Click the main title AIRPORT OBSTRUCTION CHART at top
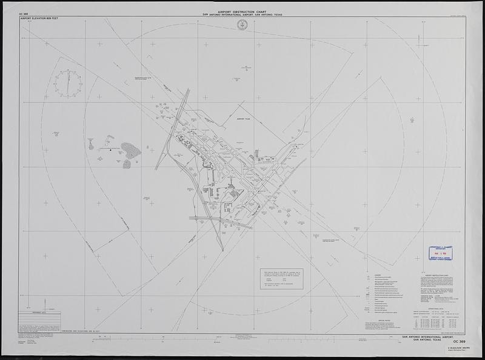click(243, 11)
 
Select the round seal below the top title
click(243, 25)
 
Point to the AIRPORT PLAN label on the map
click(244, 120)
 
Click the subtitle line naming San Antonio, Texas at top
click(243, 15)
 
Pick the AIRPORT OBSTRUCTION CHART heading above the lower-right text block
click(437, 274)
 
